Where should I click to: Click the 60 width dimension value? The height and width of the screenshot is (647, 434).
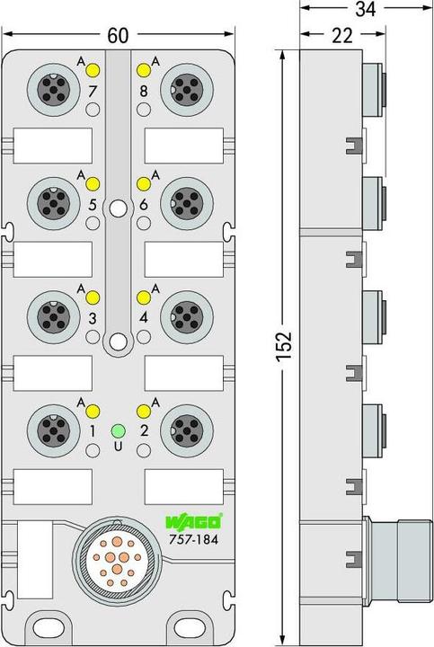(x=118, y=35)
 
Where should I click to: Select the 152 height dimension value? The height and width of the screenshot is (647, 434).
(x=284, y=347)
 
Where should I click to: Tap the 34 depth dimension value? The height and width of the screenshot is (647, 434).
(x=366, y=9)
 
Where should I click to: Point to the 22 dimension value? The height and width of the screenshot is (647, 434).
(x=342, y=35)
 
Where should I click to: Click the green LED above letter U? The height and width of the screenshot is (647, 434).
(x=119, y=430)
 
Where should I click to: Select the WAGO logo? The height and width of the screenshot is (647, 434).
(x=193, y=522)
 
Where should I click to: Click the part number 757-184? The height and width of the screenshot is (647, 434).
(x=193, y=539)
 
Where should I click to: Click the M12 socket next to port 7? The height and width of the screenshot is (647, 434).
(x=54, y=90)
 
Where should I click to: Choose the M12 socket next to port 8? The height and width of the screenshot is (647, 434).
(x=187, y=90)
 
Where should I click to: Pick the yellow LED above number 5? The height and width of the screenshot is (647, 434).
(x=93, y=184)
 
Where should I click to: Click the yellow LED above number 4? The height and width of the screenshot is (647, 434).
(x=144, y=297)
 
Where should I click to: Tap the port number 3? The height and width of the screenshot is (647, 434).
(x=93, y=318)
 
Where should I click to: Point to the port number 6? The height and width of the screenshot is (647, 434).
(x=144, y=204)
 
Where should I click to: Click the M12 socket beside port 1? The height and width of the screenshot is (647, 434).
(x=54, y=430)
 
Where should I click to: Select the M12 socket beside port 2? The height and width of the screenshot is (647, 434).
(x=187, y=430)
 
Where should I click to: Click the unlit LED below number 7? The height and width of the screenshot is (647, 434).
(x=93, y=110)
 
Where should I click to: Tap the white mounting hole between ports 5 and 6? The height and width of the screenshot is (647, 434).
(x=119, y=208)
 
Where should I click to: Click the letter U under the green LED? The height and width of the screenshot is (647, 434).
(x=119, y=446)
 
